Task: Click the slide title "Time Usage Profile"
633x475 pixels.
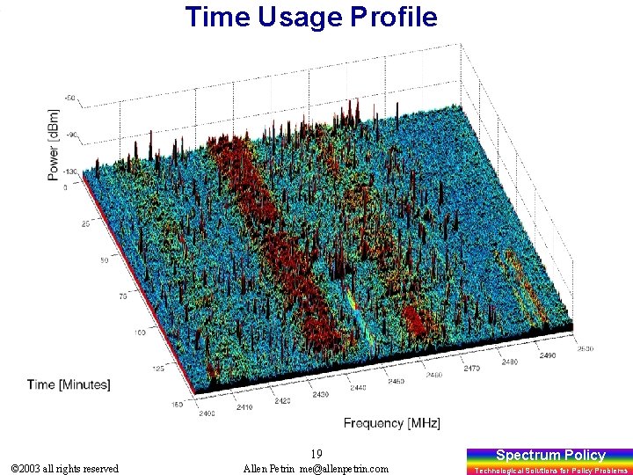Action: click(x=311, y=17)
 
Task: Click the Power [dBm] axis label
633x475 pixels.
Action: click(x=55, y=145)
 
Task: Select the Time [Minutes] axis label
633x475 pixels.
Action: click(x=69, y=384)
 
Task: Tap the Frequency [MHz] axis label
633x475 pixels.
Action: click(x=391, y=423)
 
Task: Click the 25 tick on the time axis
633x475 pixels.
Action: click(x=84, y=224)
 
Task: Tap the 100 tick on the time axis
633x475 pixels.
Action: click(x=140, y=332)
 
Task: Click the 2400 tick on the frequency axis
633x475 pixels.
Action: click(x=207, y=412)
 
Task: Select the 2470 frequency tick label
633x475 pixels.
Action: click(x=471, y=369)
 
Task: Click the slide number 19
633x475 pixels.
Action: click(x=316, y=454)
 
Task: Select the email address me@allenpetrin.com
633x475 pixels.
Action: click(x=343, y=469)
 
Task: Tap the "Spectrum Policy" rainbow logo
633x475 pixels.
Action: click(x=550, y=459)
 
